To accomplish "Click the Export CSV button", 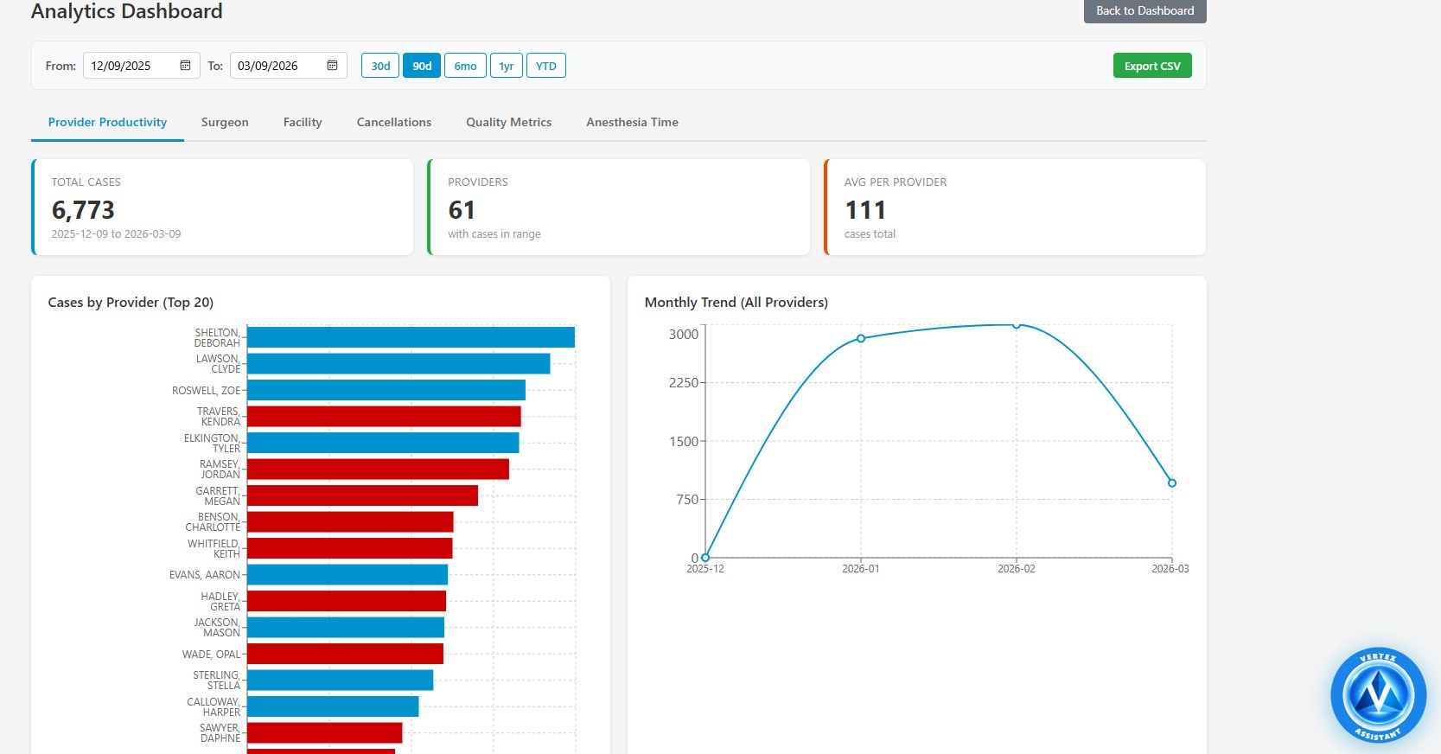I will (1151, 66).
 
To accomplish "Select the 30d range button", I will (380, 66).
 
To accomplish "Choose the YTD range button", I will (545, 66).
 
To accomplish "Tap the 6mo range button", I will (465, 66).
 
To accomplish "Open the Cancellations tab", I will (393, 122).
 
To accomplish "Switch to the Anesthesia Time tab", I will (632, 122).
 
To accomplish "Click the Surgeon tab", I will (225, 122).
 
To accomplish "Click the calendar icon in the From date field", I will (185, 66).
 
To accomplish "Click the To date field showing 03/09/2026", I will (277, 66).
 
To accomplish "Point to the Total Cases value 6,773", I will (83, 210).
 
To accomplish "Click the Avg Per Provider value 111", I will (864, 210).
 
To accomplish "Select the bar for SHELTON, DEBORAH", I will (411, 337).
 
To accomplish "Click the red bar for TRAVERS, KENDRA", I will (384, 417).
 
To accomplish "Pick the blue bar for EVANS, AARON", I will (347, 574).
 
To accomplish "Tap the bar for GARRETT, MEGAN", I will (362, 495).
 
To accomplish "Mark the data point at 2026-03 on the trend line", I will (1171, 483).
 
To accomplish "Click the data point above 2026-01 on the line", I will (861, 338).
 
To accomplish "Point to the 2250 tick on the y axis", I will (684, 382).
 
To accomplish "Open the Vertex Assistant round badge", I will (1378, 695).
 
